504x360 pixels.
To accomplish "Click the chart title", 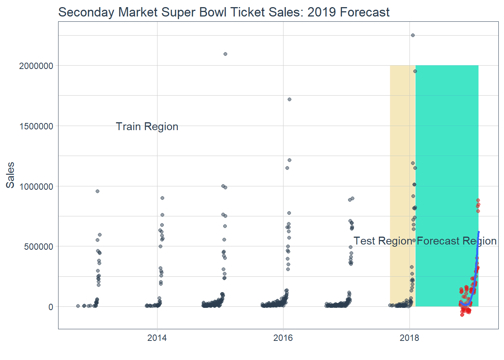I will [224, 12].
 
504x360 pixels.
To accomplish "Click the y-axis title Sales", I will [10, 175].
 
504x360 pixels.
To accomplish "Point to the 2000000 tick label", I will [36, 66].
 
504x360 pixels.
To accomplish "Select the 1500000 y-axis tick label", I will [36, 126].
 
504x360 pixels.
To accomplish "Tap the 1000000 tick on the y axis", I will [36, 187].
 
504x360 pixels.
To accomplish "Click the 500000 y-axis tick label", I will [39, 247].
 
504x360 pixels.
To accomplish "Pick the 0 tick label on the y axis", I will [51, 307].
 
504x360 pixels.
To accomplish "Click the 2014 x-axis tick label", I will [157, 338].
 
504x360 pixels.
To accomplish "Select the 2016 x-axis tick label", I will [283, 338].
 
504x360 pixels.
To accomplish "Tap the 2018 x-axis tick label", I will [409, 338].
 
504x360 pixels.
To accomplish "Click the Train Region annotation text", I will [147, 127].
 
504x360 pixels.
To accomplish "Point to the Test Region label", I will [382, 241].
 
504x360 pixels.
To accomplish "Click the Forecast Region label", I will [457, 241].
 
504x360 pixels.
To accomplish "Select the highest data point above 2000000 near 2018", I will [413, 35].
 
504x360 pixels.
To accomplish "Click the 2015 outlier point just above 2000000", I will [225, 54].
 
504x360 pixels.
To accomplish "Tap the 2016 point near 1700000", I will [289, 99].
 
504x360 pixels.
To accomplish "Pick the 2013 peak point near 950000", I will [97, 191].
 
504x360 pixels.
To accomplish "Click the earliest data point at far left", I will [78, 306].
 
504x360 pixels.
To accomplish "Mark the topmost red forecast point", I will [478, 200].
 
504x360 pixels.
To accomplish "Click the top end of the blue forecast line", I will [478, 232].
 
